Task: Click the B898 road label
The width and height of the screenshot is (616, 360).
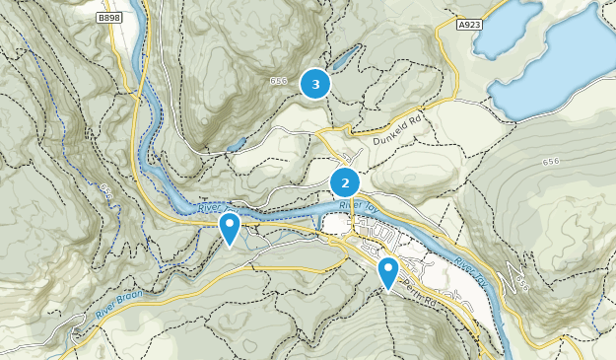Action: (109, 18)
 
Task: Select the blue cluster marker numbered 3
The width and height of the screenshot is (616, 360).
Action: (315, 85)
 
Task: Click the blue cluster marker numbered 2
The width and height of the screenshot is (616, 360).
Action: (345, 182)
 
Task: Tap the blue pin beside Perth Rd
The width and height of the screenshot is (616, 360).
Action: (389, 271)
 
